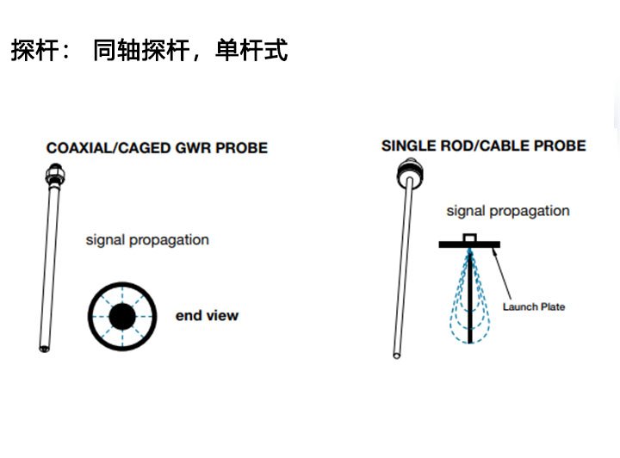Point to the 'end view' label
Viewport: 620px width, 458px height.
(x=207, y=316)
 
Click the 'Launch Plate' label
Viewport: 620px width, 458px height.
(x=534, y=306)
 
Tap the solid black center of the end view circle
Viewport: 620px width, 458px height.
(x=122, y=318)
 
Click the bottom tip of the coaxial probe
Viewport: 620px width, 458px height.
(x=44, y=347)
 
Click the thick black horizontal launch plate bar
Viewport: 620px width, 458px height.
(x=469, y=244)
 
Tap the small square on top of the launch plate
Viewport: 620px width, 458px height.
(x=469, y=237)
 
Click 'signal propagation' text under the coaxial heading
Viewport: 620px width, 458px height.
(x=147, y=240)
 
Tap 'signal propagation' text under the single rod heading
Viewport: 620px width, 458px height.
(x=508, y=211)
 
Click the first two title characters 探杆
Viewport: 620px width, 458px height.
(x=35, y=51)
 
